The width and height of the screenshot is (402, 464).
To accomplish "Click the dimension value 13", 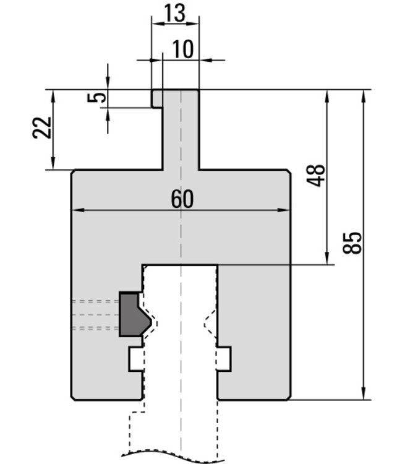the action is tap(174, 13).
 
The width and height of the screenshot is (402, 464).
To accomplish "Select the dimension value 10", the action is tap(183, 49).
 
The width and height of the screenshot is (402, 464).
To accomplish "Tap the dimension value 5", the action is tap(96, 98).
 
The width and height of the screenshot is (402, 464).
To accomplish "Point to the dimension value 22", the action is tap(41, 128).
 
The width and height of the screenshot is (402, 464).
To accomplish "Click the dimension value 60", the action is tap(182, 199).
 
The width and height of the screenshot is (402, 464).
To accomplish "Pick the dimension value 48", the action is tap(315, 175).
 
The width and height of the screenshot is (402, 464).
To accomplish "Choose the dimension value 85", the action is tap(352, 243).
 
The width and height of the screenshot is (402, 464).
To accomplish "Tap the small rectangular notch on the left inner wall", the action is tap(136, 359).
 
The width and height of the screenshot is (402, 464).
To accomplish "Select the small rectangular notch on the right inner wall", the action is tap(224, 359).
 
